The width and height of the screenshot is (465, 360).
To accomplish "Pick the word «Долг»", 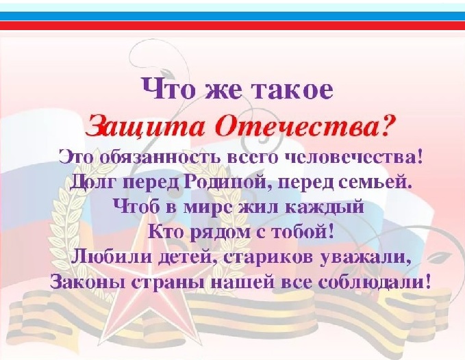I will (x=92, y=183).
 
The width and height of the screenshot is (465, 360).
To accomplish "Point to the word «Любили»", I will (x=102, y=257).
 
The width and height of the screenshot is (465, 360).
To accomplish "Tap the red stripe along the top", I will (x=232, y=26).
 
